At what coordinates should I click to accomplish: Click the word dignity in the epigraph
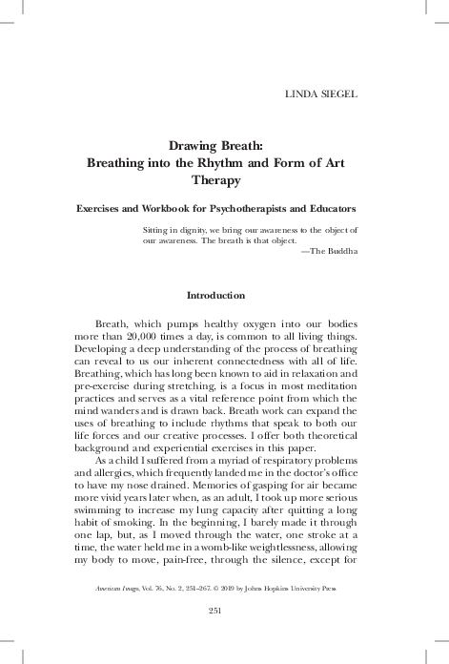[x=184, y=231]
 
